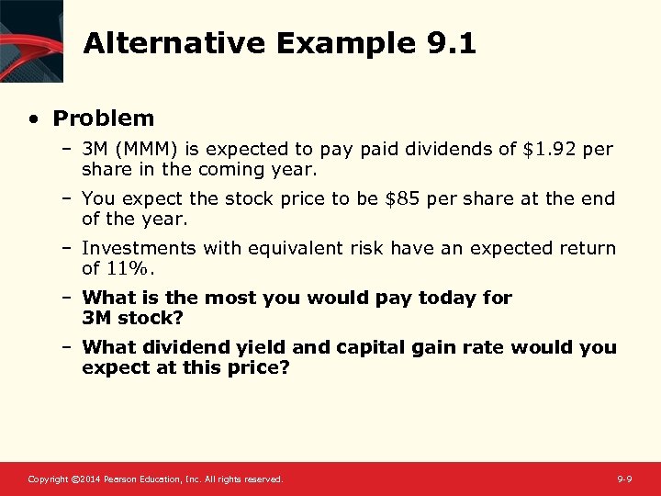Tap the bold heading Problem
click(x=104, y=118)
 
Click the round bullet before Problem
click(x=34, y=118)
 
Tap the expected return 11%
click(x=130, y=268)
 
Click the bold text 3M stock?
click(x=132, y=318)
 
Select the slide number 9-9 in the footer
click(x=624, y=479)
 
